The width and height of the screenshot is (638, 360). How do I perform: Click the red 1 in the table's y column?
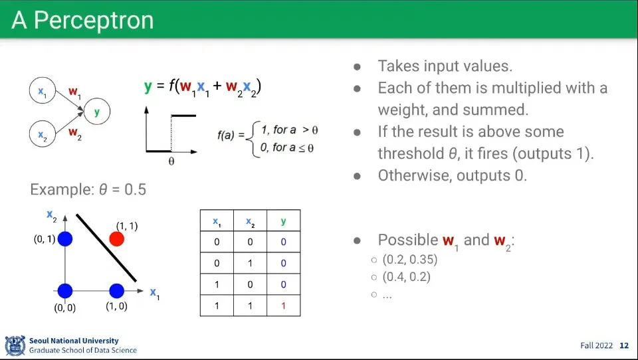[x=284, y=306]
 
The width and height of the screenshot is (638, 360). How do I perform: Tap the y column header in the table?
[x=284, y=221]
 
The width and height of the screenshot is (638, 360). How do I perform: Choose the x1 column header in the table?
[x=217, y=222]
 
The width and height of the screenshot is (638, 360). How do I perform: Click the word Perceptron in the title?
[x=94, y=20]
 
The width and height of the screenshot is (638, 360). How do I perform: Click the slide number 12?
[x=624, y=345]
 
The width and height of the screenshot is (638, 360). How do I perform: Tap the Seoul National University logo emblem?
[x=15, y=345]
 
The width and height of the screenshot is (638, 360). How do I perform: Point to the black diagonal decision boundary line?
[x=106, y=248]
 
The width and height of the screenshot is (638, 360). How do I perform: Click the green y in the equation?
[x=148, y=86]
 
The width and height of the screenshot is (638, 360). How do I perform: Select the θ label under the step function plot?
[x=171, y=161]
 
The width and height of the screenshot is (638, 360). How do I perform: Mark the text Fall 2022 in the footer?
[x=597, y=345]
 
